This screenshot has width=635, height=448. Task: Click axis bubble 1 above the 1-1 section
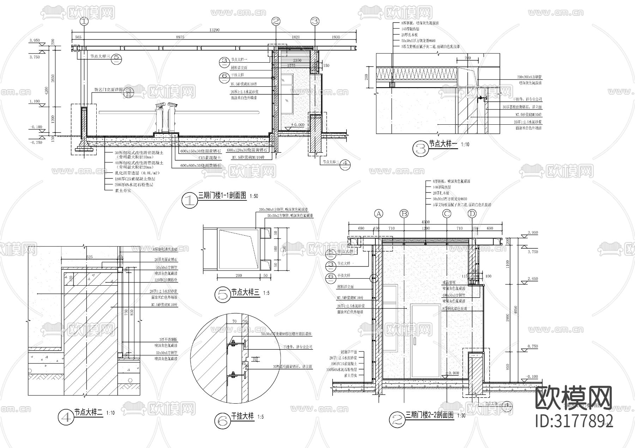[84, 21]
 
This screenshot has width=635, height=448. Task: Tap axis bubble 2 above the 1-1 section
[276, 21]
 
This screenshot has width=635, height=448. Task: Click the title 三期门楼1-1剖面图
[222, 196]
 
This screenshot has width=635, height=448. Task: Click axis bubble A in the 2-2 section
[379, 213]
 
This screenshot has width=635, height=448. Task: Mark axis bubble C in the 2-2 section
[447, 213]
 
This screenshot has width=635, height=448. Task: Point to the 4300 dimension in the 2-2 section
[426, 222]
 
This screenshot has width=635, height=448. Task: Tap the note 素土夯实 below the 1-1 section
[123, 190]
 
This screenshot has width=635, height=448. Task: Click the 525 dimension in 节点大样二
[89, 257]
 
